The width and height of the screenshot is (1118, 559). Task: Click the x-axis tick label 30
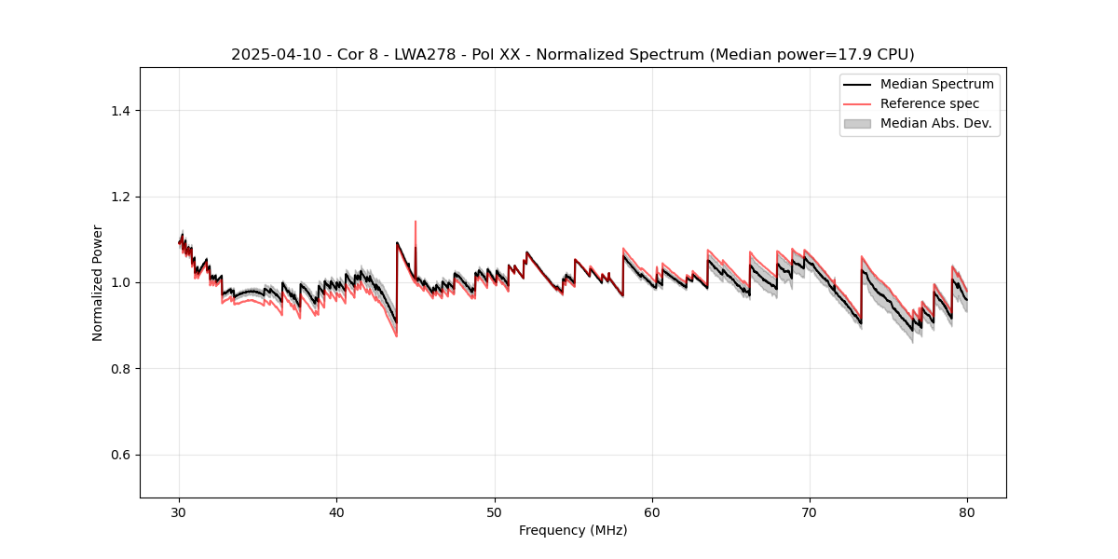(x=180, y=512)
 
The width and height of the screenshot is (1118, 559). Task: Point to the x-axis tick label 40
(x=337, y=512)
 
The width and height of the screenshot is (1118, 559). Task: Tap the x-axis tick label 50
(x=495, y=512)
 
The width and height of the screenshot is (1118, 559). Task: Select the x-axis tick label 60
(x=652, y=512)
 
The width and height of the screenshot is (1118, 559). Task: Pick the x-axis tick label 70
(x=810, y=512)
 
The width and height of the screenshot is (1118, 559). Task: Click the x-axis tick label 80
(x=967, y=512)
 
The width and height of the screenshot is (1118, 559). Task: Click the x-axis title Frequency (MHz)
(x=573, y=530)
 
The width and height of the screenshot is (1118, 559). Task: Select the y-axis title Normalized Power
(x=98, y=282)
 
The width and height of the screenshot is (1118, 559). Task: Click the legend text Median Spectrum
(x=936, y=84)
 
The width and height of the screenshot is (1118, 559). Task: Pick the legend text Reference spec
(x=929, y=103)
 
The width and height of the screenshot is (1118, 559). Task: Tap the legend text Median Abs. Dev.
(x=935, y=123)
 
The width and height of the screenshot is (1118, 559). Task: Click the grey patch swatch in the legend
(x=857, y=123)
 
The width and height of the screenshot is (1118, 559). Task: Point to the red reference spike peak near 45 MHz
(x=416, y=222)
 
